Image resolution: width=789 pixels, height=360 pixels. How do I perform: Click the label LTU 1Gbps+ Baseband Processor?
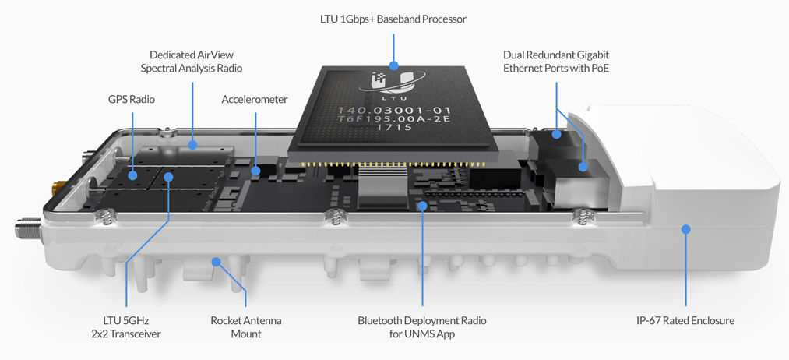pos(394,19)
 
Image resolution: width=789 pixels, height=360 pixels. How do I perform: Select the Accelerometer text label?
pos(255,100)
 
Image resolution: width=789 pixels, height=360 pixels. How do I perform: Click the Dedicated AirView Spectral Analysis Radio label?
pos(192,62)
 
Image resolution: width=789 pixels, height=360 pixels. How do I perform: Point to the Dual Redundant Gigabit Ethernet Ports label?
pos(556,62)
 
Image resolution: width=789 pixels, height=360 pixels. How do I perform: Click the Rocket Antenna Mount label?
pos(246,326)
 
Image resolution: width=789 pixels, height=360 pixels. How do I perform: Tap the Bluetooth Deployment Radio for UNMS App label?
pos(421,326)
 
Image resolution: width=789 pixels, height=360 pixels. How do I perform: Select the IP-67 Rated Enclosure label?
pos(685,320)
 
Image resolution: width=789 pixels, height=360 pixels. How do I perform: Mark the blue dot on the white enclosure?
pos(685,229)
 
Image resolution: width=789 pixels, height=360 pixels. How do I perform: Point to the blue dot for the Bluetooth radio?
pos(421,206)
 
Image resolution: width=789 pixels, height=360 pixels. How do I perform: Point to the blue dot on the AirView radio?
pos(192,144)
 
